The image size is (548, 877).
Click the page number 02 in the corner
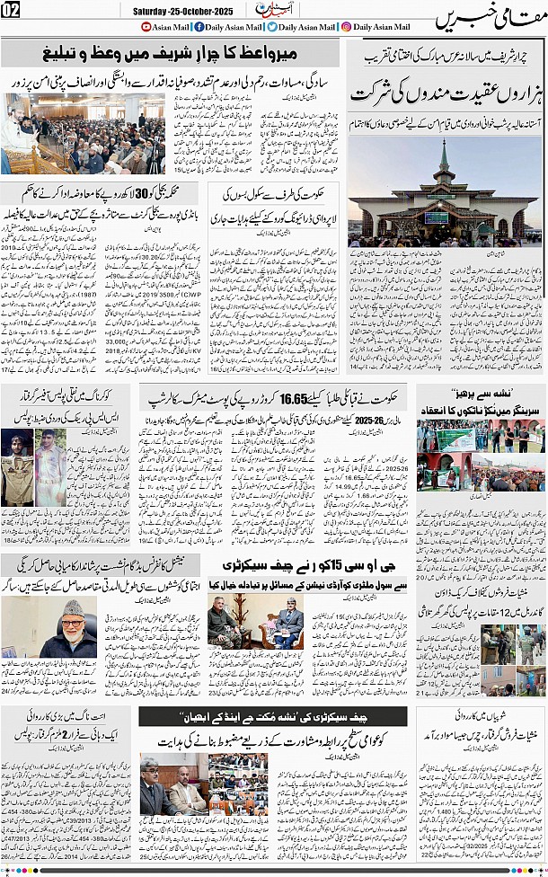click(11, 11)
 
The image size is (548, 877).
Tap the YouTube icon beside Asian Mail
click(146, 27)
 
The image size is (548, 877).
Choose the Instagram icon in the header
click(347, 27)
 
